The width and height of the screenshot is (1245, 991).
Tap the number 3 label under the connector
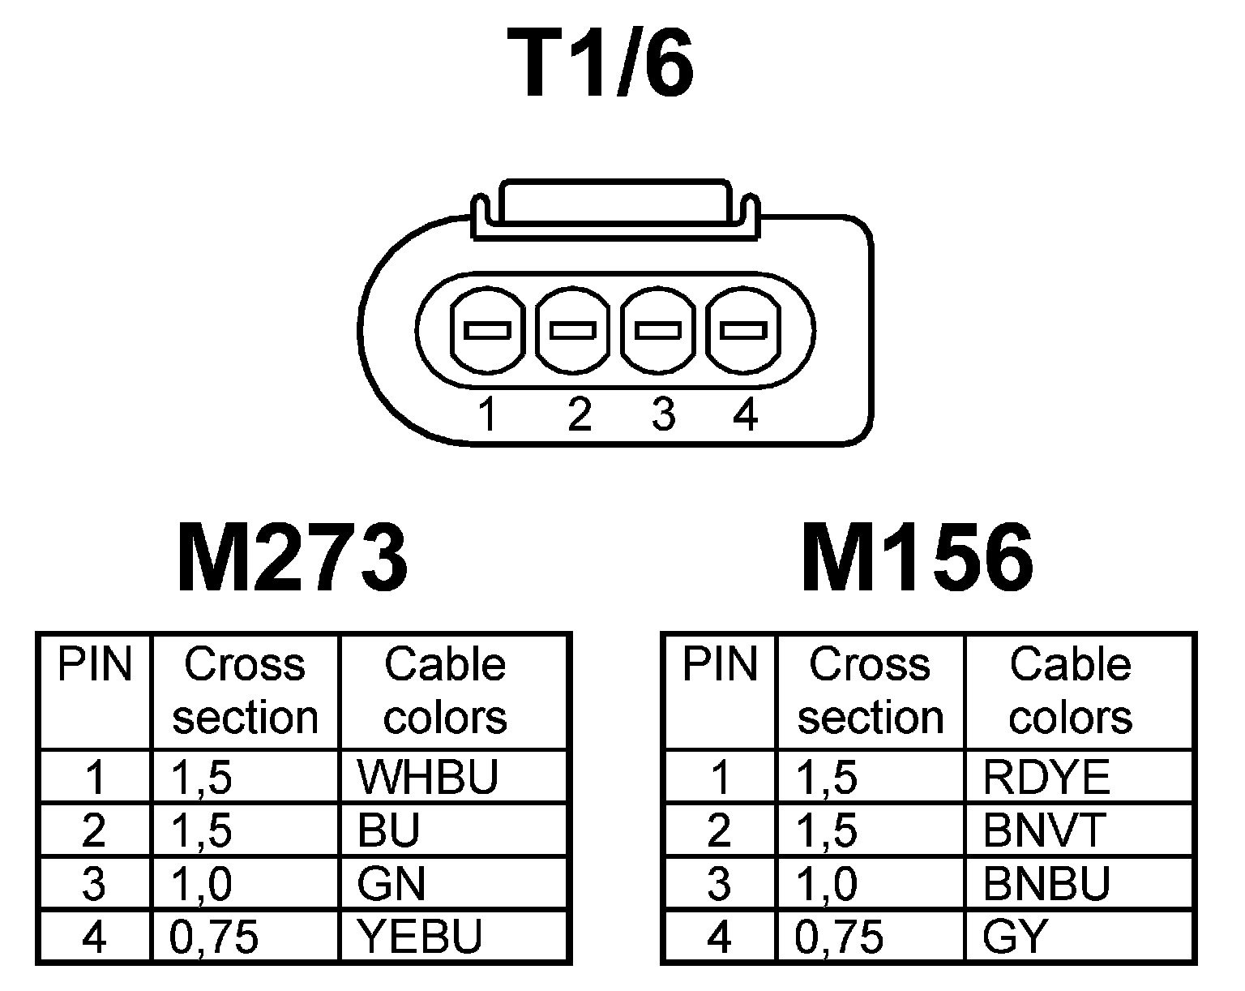click(x=663, y=415)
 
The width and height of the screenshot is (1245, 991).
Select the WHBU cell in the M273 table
click(x=427, y=777)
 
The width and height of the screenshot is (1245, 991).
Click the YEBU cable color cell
click(x=421, y=937)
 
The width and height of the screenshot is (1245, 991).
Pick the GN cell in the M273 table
click(x=391, y=883)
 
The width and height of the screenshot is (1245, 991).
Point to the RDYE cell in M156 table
click(x=1046, y=777)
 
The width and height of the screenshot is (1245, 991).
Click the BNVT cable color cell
click(x=1045, y=830)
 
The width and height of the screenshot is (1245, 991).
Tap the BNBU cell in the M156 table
click(x=1046, y=883)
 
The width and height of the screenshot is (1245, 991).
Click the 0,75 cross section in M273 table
click(x=215, y=937)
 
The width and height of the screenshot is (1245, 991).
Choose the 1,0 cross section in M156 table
click(x=827, y=883)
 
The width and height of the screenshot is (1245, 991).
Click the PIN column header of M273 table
click(x=95, y=665)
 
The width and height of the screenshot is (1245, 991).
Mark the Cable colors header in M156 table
click(x=1070, y=691)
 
